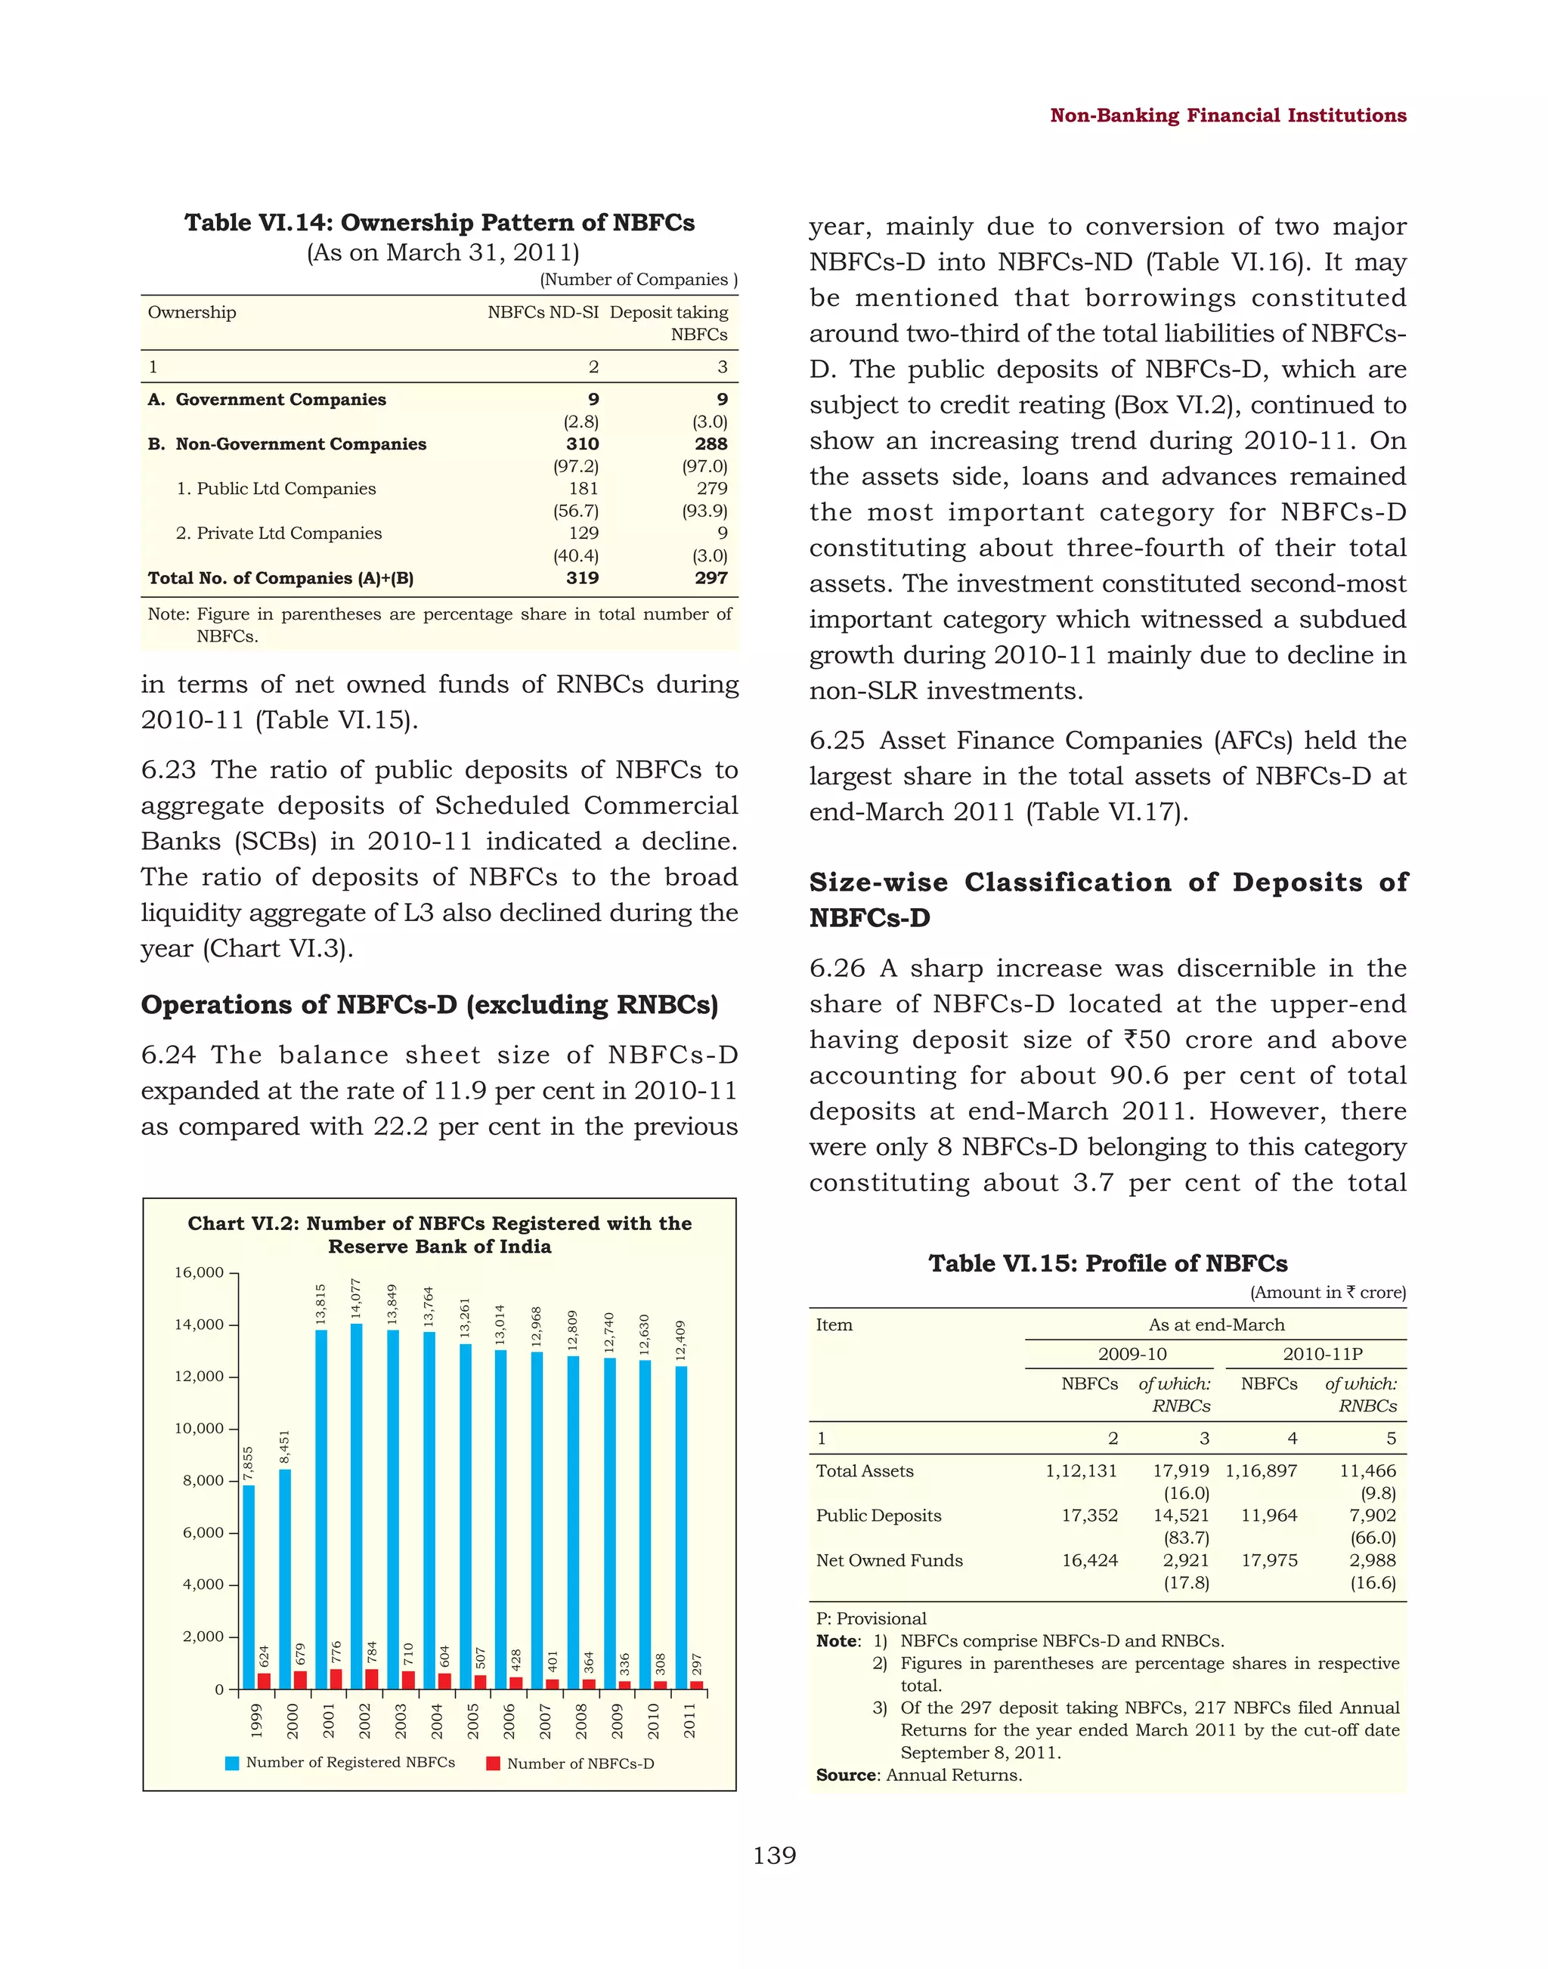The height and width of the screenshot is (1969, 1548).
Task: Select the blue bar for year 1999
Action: click(249, 1586)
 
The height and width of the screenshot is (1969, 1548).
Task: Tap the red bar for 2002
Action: click(372, 1678)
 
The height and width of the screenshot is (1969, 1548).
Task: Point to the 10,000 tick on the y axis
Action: click(199, 1429)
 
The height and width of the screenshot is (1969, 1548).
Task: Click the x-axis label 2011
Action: click(689, 1720)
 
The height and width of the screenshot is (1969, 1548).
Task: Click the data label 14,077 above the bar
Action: click(356, 1297)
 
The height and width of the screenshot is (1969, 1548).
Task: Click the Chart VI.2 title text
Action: click(440, 1234)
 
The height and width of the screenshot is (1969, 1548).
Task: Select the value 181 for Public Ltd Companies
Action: click(584, 488)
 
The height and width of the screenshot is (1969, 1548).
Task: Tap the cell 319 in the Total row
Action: click(582, 578)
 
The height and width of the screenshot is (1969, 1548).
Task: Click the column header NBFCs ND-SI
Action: click(543, 313)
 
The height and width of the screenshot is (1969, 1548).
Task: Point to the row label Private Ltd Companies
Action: click(279, 533)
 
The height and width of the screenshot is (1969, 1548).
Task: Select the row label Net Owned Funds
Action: click(889, 1560)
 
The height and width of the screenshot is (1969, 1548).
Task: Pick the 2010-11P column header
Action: click(1322, 1354)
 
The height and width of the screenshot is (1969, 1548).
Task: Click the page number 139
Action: click(774, 1856)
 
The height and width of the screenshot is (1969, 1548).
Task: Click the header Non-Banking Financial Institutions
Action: click(1228, 115)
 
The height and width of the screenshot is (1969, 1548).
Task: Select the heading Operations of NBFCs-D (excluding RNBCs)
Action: click(429, 1005)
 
